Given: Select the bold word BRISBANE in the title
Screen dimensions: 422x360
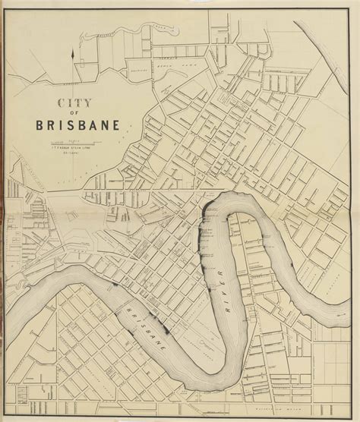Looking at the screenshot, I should [x=77, y=126].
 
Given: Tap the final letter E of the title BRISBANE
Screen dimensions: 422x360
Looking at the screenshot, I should [x=113, y=126].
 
